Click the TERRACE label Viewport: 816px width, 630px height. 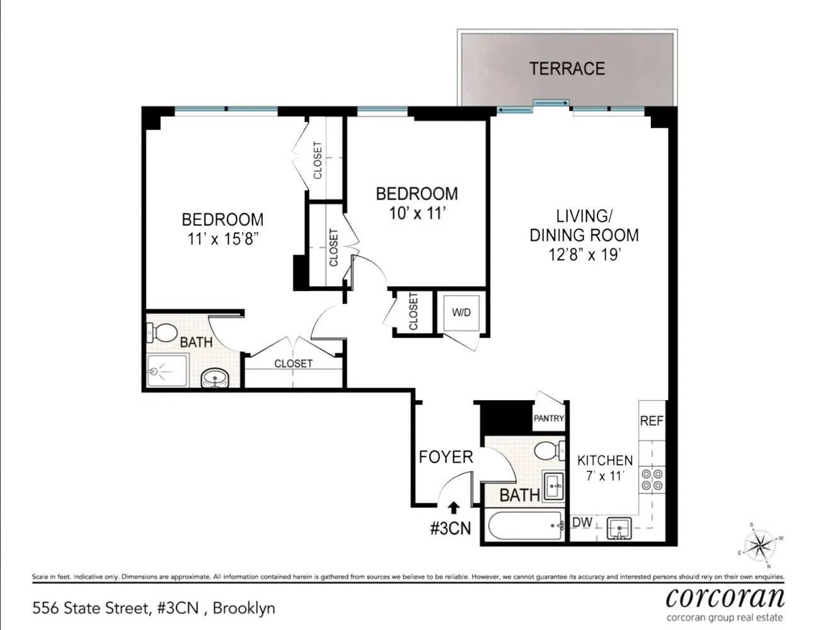click(x=566, y=68)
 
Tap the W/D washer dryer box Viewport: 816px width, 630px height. click(x=461, y=312)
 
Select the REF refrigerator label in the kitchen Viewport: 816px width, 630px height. click(x=652, y=420)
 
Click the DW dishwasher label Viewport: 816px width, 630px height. click(x=582, y=522)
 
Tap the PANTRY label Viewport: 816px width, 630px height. click(x=548, y=418)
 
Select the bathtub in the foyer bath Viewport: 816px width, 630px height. click(x=525, y=525)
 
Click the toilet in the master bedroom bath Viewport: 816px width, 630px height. click(x=162, y=331)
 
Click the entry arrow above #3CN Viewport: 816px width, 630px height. click(x=453, y=507)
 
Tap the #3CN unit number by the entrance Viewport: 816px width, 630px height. click(x=450, y=528)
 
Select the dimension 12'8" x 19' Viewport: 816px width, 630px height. click(x=584, y=255)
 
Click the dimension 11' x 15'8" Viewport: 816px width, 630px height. click(x=223, y=239)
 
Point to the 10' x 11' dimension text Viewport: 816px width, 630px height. click(x=417, y=213)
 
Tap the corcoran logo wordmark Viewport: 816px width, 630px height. click(x=725, y=597)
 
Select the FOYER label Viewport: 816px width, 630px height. click(x=445, y=457)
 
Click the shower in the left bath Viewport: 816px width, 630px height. click(x=167, y=371)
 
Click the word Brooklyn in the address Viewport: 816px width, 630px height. click(x=244, y=608)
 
